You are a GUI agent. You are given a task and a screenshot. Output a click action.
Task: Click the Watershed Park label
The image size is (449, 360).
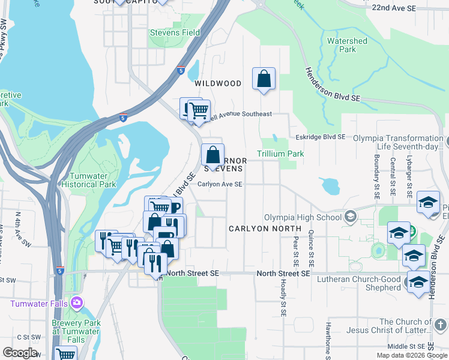(347, 45)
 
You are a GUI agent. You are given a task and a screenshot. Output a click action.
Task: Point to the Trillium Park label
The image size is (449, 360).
(280, 154)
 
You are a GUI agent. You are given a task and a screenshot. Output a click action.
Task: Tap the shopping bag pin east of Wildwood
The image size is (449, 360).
(264, 79)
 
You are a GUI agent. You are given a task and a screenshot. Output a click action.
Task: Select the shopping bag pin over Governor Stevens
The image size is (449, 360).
(212, 155)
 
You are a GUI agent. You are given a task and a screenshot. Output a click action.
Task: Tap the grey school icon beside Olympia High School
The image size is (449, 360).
(350, 218)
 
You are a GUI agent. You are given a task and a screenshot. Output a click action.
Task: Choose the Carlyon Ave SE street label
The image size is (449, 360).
(220, 185)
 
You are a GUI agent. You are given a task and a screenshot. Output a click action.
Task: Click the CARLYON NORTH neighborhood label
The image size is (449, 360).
(264, 229)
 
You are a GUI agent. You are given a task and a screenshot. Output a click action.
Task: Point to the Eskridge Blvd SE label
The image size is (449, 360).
(321, 137)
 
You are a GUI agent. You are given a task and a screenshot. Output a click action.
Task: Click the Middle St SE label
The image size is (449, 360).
(406, 346)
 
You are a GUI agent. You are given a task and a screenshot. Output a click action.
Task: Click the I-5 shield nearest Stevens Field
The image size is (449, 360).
(181, 71)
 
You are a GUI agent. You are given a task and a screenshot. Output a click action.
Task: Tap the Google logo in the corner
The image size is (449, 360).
(20, 353)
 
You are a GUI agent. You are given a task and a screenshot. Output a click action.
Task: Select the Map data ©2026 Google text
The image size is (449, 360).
(411, 355)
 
